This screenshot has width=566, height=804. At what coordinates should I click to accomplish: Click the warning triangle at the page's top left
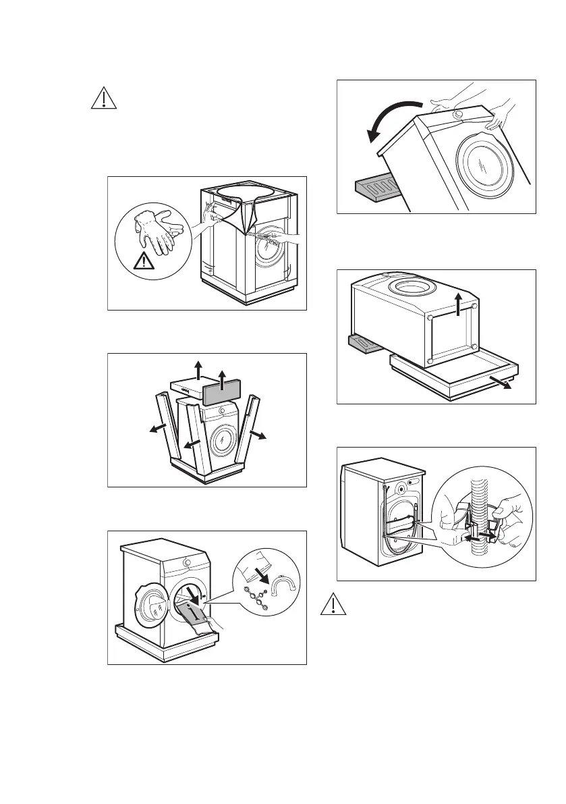[103, 99]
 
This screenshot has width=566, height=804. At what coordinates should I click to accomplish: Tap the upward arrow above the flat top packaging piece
[198, 369]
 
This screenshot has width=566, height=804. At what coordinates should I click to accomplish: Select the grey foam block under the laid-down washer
[365, 346]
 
